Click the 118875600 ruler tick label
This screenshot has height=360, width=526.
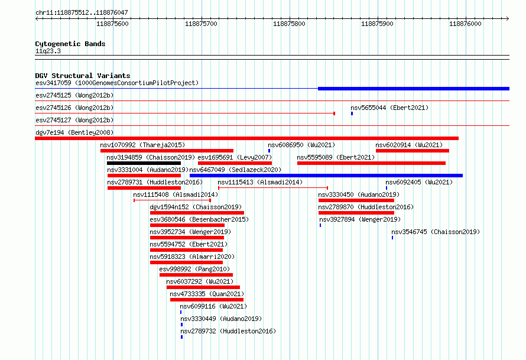112,24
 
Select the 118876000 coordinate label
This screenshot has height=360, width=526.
465,24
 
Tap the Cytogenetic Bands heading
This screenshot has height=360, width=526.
70,44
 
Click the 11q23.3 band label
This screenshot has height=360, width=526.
48,51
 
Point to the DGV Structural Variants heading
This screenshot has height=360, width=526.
83,76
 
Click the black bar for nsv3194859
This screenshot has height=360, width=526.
144,163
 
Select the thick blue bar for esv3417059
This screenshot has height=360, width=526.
414,89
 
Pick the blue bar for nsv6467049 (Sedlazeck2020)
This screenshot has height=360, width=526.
326,176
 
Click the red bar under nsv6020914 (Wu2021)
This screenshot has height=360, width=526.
413,151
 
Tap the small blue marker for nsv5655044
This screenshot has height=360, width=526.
352,113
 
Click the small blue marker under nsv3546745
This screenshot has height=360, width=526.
392,238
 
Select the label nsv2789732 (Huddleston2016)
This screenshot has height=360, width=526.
228,331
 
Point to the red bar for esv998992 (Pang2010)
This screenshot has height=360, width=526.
196,275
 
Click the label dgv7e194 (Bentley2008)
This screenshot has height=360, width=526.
74,132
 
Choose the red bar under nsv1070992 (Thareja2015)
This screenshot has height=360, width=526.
167,151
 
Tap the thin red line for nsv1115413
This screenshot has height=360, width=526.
272,188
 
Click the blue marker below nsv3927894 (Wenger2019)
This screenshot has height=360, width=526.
320,225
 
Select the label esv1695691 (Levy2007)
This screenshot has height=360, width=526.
235,157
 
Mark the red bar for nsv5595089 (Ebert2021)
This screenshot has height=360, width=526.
371,163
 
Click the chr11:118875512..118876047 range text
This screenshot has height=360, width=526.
82,12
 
